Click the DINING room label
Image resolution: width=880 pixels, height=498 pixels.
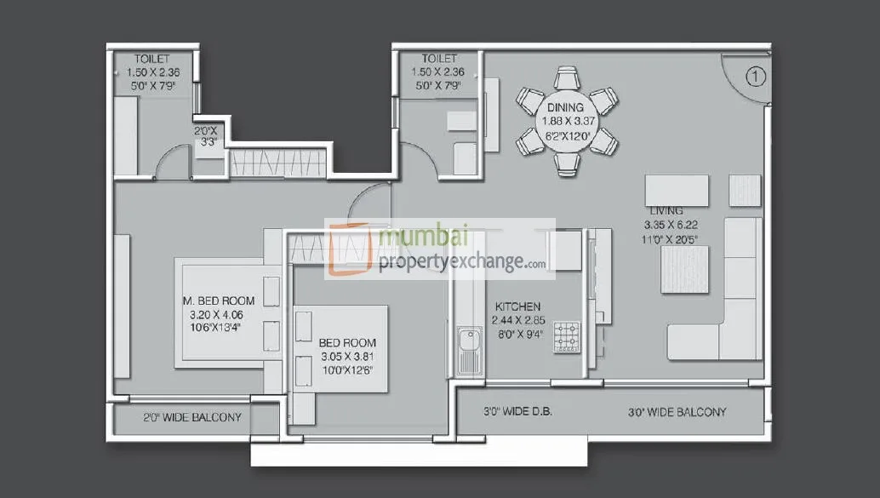click(565, 108)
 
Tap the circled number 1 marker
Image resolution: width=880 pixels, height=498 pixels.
click(757, 77)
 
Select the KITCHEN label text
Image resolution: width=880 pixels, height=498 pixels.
click(517, 306)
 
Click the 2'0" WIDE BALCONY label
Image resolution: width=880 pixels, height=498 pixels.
click(191, 418)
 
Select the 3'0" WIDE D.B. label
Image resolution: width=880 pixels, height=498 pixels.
click(517, 412)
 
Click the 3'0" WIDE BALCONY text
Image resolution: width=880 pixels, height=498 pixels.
click(677, 412)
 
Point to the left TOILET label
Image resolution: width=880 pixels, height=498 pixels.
click(151, 59)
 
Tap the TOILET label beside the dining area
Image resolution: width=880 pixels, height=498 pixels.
click(439, 59)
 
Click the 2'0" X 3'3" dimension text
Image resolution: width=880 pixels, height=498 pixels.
click(209, 137)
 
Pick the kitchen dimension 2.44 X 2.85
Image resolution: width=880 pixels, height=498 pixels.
click(517, 321)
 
